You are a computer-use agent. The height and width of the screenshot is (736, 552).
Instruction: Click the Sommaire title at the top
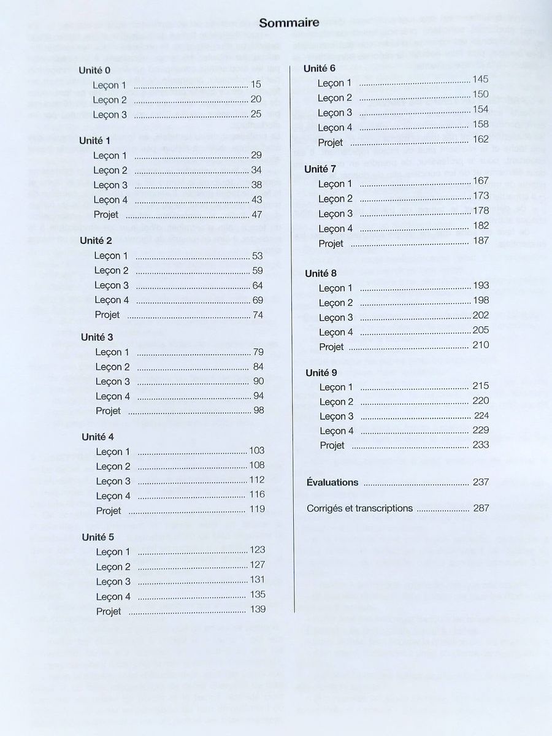click(289, 23)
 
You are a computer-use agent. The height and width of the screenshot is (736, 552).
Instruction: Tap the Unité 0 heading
click(94, 71)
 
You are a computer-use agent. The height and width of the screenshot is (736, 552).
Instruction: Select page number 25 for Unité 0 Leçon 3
click(256, 114)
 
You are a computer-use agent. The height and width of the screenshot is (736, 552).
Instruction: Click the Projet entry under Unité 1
click(106, 215)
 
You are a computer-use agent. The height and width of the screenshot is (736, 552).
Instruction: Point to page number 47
click(256, 215)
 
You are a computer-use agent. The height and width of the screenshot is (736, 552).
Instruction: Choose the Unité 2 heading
click(96, 240)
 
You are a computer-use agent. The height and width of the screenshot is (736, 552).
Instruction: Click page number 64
click(258, 285)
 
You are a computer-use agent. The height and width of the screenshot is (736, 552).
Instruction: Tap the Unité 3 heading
click(97, 337)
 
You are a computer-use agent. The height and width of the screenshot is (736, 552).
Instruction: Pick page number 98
click(259, 410)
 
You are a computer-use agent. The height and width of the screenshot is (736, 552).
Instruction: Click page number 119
click(258, 509)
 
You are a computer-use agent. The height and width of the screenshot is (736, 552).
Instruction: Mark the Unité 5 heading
click(98, 537)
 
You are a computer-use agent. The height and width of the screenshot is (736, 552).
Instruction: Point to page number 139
click(258, 609)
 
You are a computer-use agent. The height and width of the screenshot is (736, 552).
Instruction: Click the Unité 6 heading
click(320, 69)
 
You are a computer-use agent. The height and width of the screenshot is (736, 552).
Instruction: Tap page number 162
click(481, 140)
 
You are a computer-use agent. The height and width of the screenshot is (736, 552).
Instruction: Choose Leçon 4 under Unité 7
click(335, 229)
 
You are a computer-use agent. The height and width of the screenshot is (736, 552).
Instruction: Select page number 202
click(481, 315)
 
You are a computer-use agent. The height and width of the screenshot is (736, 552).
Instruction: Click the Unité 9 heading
click(321, 373)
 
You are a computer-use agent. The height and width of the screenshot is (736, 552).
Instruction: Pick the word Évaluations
click(332, 483)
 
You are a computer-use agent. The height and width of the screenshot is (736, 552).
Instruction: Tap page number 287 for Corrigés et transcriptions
click(481, 508)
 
